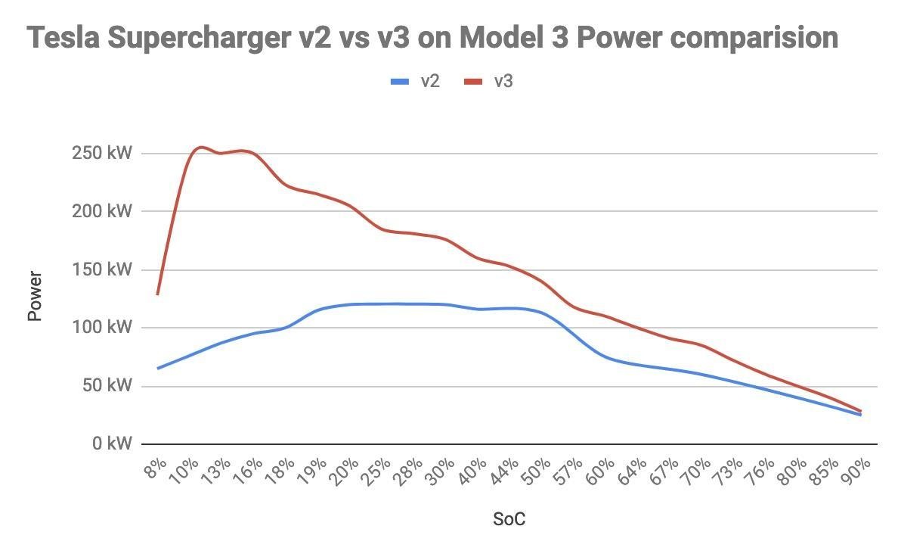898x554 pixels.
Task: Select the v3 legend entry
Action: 489,81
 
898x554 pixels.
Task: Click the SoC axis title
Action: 509,519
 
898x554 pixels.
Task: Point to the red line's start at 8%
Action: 157,294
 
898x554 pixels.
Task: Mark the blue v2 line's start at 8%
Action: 157,369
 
